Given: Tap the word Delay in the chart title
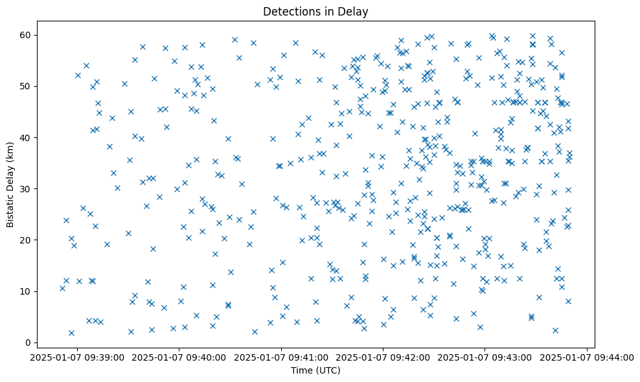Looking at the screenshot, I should (354, 11).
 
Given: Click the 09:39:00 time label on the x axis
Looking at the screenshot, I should (78, 357).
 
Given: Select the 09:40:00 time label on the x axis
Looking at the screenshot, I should (179, 357).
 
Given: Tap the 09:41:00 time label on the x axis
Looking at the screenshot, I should (281, 357).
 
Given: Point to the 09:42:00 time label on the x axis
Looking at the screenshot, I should (383, 357).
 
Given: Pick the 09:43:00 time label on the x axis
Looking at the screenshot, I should (485, 357).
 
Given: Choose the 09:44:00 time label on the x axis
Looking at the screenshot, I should (587, 357).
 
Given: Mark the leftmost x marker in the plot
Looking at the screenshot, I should (62, 288).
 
